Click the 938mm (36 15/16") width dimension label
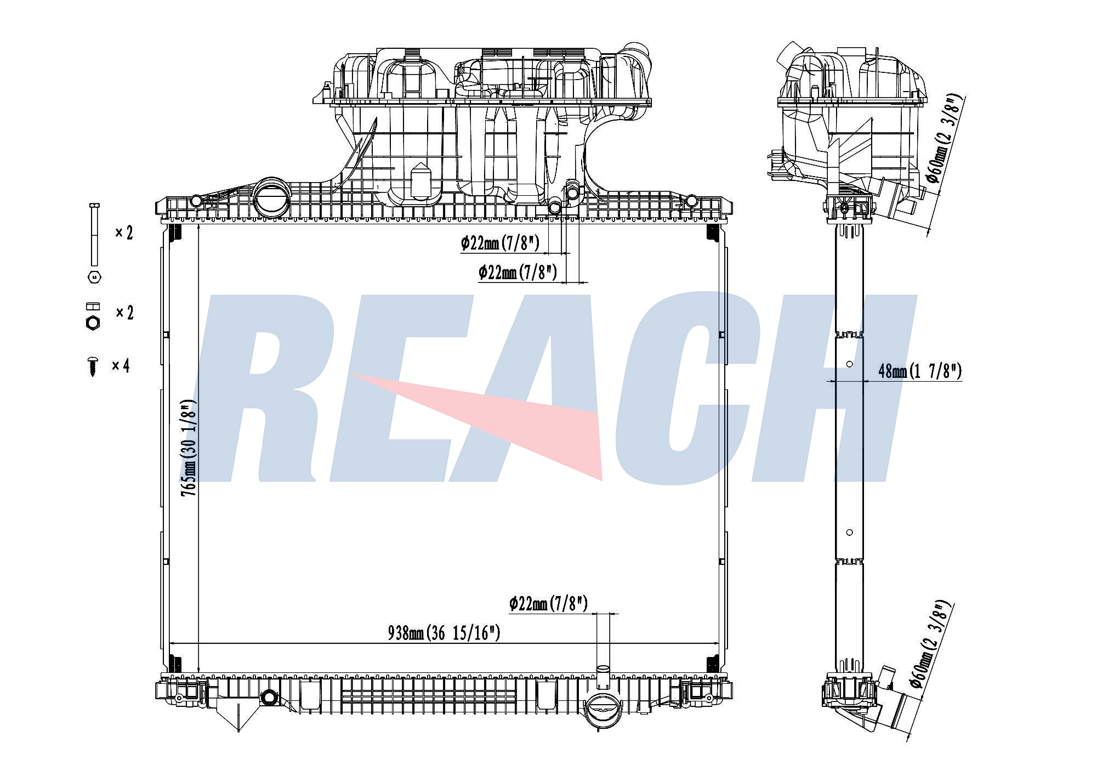(444, 633)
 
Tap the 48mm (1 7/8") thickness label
(920, 371)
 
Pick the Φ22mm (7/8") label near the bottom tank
(548, 604)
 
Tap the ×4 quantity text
(121, 366)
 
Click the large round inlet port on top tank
(271, 196)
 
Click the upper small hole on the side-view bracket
(850, 364)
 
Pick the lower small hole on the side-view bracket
(850, 532)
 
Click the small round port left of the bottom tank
(269, 698)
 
